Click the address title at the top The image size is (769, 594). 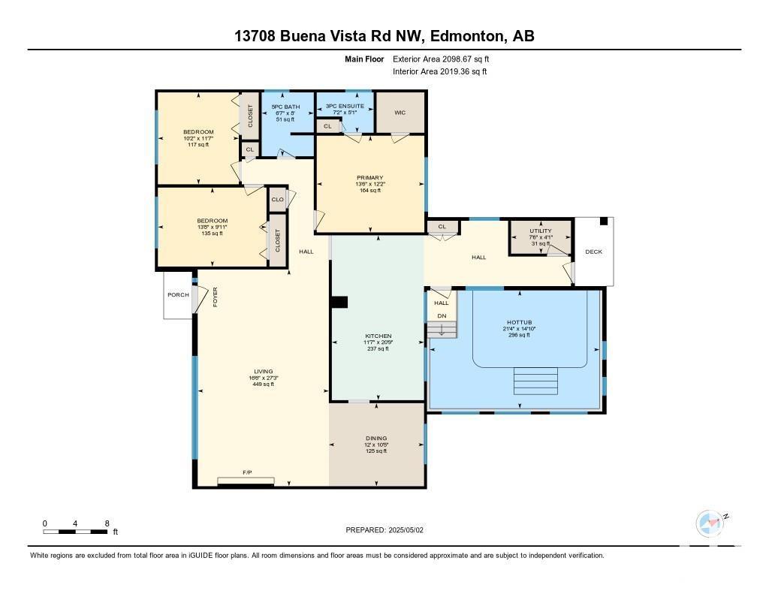(384, 36)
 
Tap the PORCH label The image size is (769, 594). (178, 295)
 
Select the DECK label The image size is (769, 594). (593, 252)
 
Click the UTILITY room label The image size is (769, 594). (540, 231)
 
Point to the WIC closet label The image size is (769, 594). (400, 113)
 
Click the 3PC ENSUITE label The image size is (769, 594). (345, 107)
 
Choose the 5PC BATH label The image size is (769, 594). (285, 107)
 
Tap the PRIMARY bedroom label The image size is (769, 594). (369, 178)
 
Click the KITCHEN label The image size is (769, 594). (377, 336)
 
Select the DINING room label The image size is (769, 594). (376, 439)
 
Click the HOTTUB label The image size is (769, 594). (519, 322)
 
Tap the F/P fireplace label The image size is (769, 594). (246, 472)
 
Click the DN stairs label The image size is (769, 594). (442, 316)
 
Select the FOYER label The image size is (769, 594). (215, 297)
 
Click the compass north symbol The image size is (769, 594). (710, 523)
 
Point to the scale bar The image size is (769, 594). (75, 532)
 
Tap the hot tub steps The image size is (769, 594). (536, 381)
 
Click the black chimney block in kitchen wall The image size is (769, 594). (340, 302)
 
